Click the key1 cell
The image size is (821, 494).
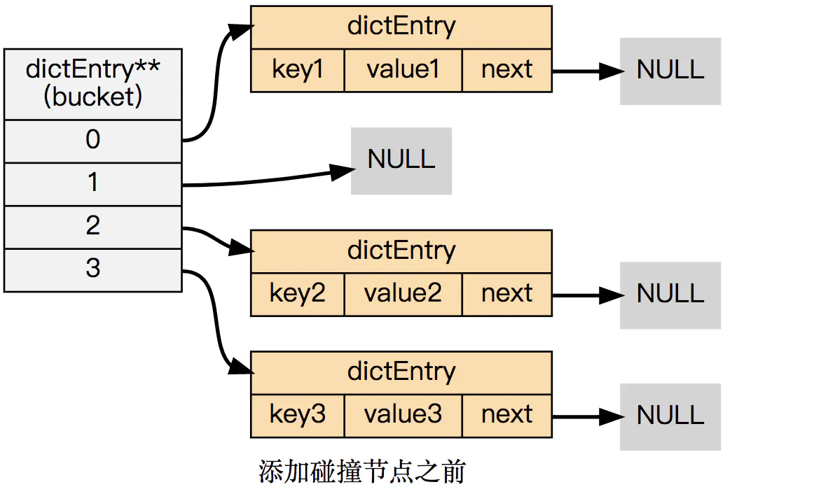(298, 70)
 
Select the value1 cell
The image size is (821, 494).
(403, 70)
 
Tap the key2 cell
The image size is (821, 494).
(298, 294)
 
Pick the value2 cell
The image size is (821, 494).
(403, 294)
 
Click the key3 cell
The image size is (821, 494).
(298, 415)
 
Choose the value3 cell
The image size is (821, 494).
(403, 415)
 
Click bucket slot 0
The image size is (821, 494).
(93, 141)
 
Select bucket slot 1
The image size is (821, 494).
(93, 183)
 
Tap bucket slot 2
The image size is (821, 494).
(93, 226)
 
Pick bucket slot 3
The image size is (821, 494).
(93, 269)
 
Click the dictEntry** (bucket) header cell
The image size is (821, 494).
(93, 83)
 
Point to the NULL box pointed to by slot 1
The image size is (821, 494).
(401, 160)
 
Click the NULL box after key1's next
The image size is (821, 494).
(670, 71)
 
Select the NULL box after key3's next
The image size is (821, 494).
(670, 416)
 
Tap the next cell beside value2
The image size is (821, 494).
(507, 294)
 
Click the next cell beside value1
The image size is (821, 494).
(507, 70)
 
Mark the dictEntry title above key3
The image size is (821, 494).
(401, 372)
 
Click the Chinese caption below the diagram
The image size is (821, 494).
(362, 472)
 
